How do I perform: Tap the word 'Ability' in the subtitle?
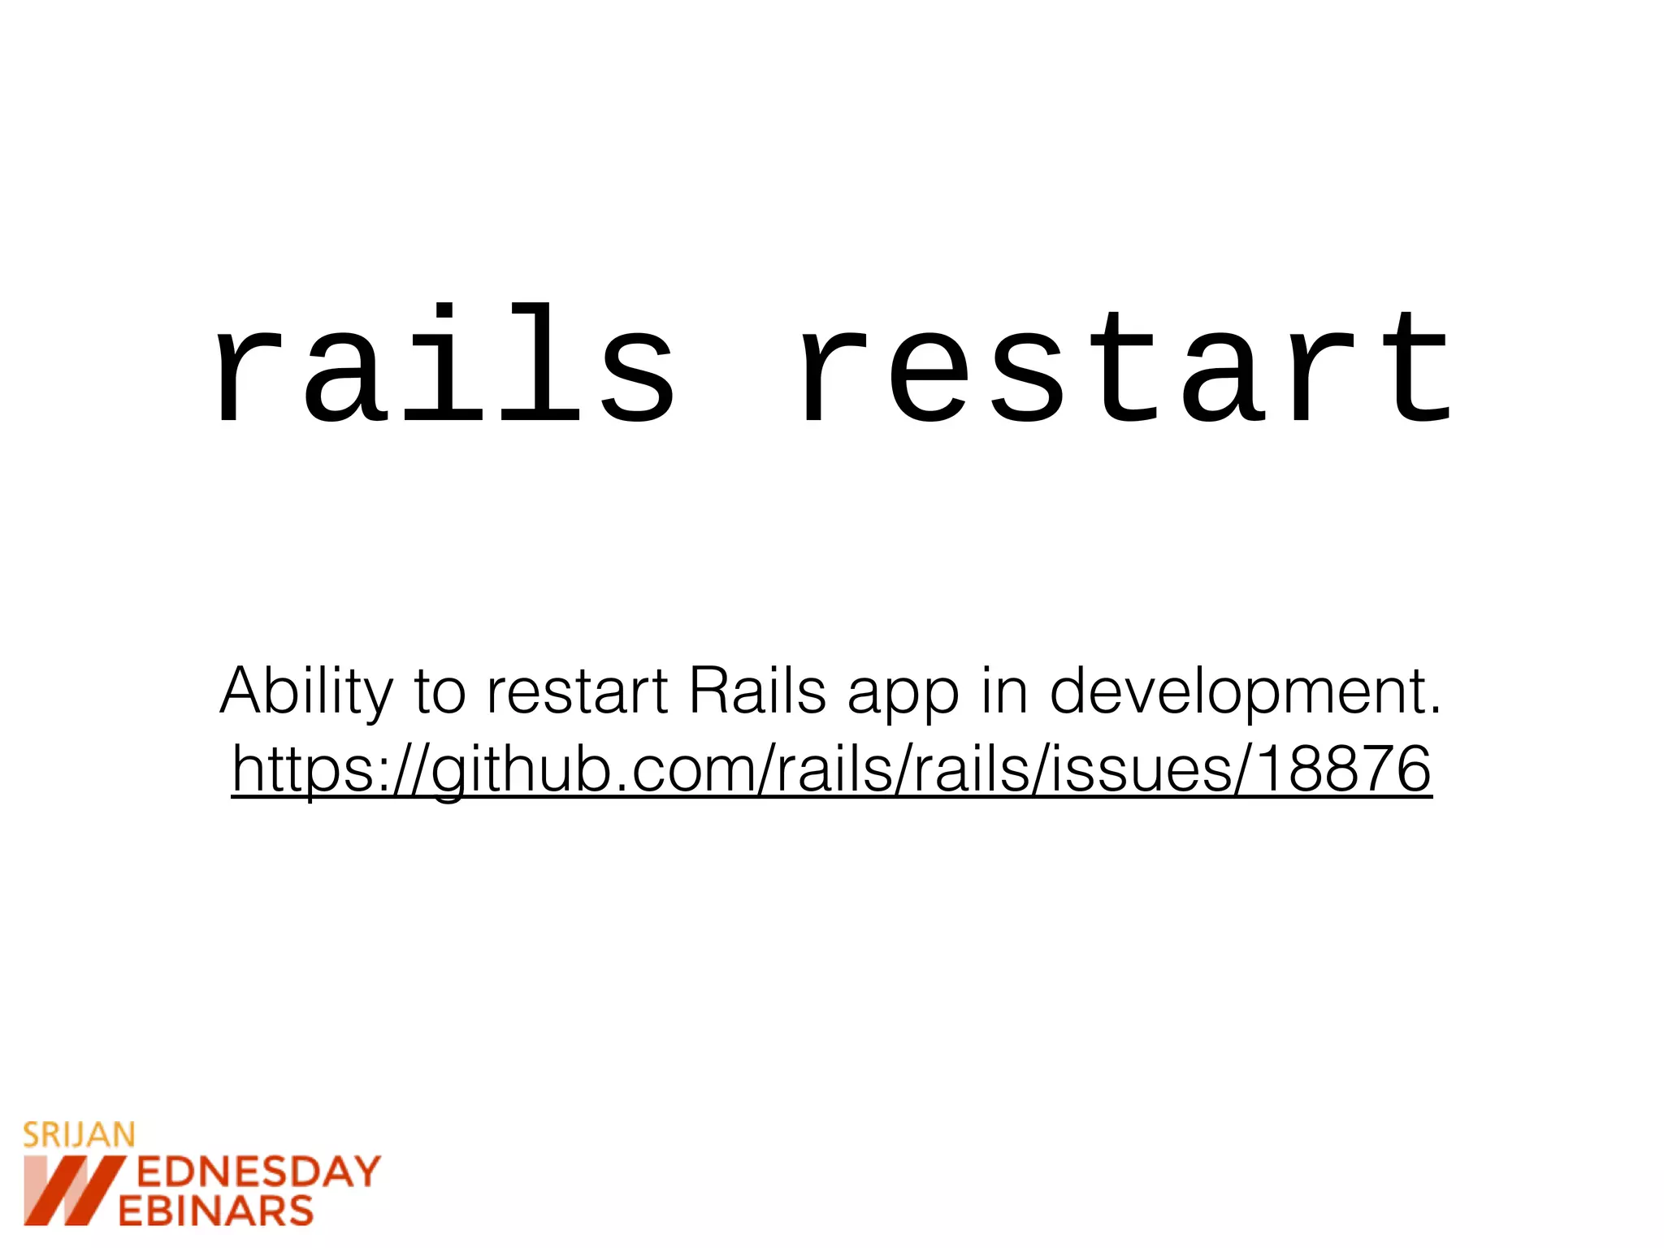click(x=305, y=693)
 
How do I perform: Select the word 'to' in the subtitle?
click(x=440, y=692)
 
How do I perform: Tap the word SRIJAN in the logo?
click(x=79, y=1135)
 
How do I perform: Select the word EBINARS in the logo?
click(x=216, y=1211)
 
